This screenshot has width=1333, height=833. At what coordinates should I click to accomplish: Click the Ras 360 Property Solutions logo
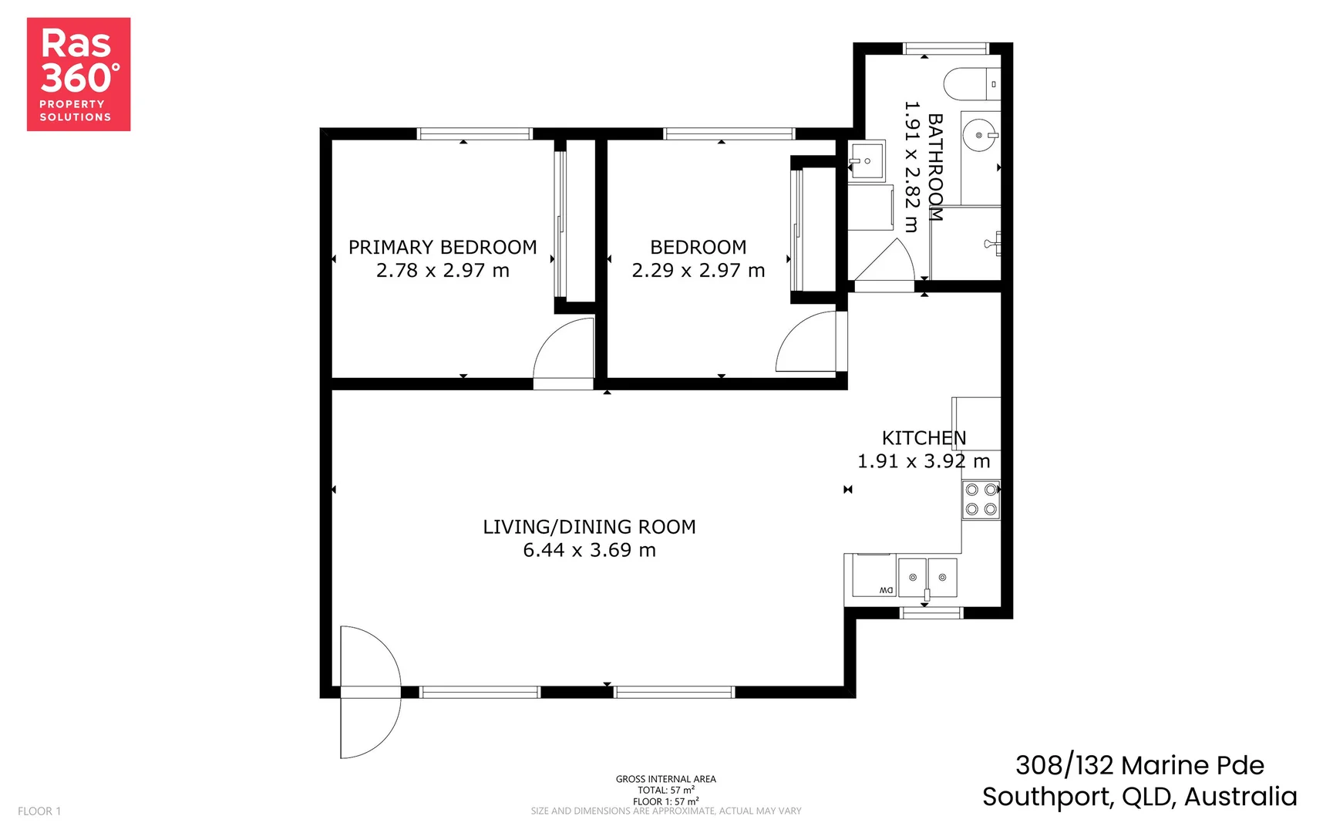pos(78,74)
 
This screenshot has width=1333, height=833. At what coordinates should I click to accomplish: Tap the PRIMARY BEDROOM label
pos(442,248)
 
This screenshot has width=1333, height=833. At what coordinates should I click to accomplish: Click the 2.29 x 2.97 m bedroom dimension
pos(698,271)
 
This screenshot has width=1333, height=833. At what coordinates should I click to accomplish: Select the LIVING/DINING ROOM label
pos(589,527)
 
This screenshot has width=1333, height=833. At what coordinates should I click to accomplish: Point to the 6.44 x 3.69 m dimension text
pos(589,550)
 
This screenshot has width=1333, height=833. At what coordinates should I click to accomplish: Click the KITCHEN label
pos(923,438)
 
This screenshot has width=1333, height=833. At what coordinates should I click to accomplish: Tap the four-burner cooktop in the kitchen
pos(981,499)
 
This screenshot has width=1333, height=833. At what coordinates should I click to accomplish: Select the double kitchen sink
pos(927,577)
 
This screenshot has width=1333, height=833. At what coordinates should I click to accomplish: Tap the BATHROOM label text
pos(934,167)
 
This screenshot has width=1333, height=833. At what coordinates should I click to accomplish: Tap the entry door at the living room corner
pos(370,691)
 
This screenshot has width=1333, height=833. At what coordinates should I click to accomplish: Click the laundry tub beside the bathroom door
pos(867,160)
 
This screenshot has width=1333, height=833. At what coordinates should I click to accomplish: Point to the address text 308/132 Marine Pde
pos(1139,765)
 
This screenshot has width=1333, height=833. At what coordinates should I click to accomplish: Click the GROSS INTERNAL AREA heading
pos(665,779)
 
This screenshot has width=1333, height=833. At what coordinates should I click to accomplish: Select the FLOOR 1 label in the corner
pos(39,811)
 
